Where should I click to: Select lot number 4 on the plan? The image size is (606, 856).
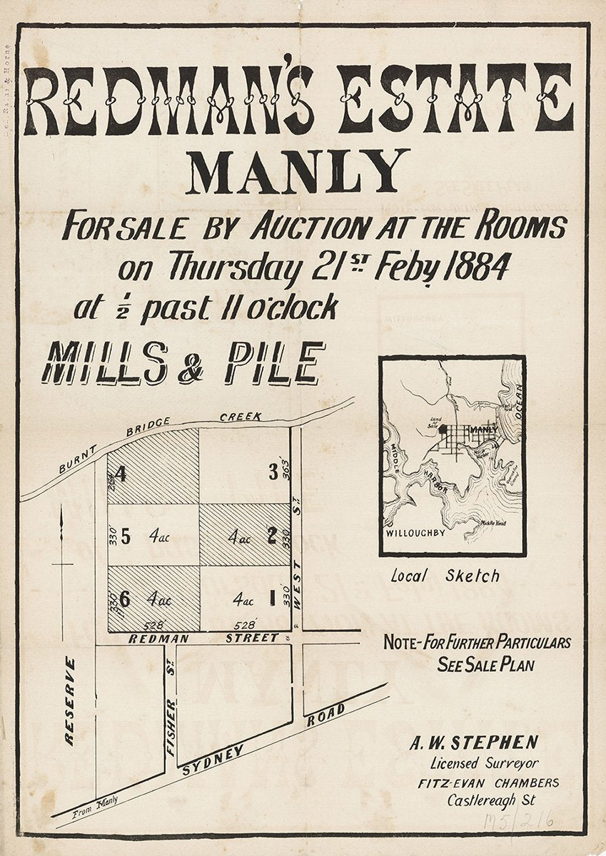[121, 474]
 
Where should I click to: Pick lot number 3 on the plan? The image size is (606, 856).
[272, 472]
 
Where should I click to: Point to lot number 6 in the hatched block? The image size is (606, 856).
[124, 599]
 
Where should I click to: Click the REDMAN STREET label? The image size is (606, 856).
[203, 638]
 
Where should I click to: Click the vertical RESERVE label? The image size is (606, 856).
[70, 701]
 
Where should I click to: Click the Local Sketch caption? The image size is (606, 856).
[445, 576]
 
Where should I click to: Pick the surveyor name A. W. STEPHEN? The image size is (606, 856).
[473, 743]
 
